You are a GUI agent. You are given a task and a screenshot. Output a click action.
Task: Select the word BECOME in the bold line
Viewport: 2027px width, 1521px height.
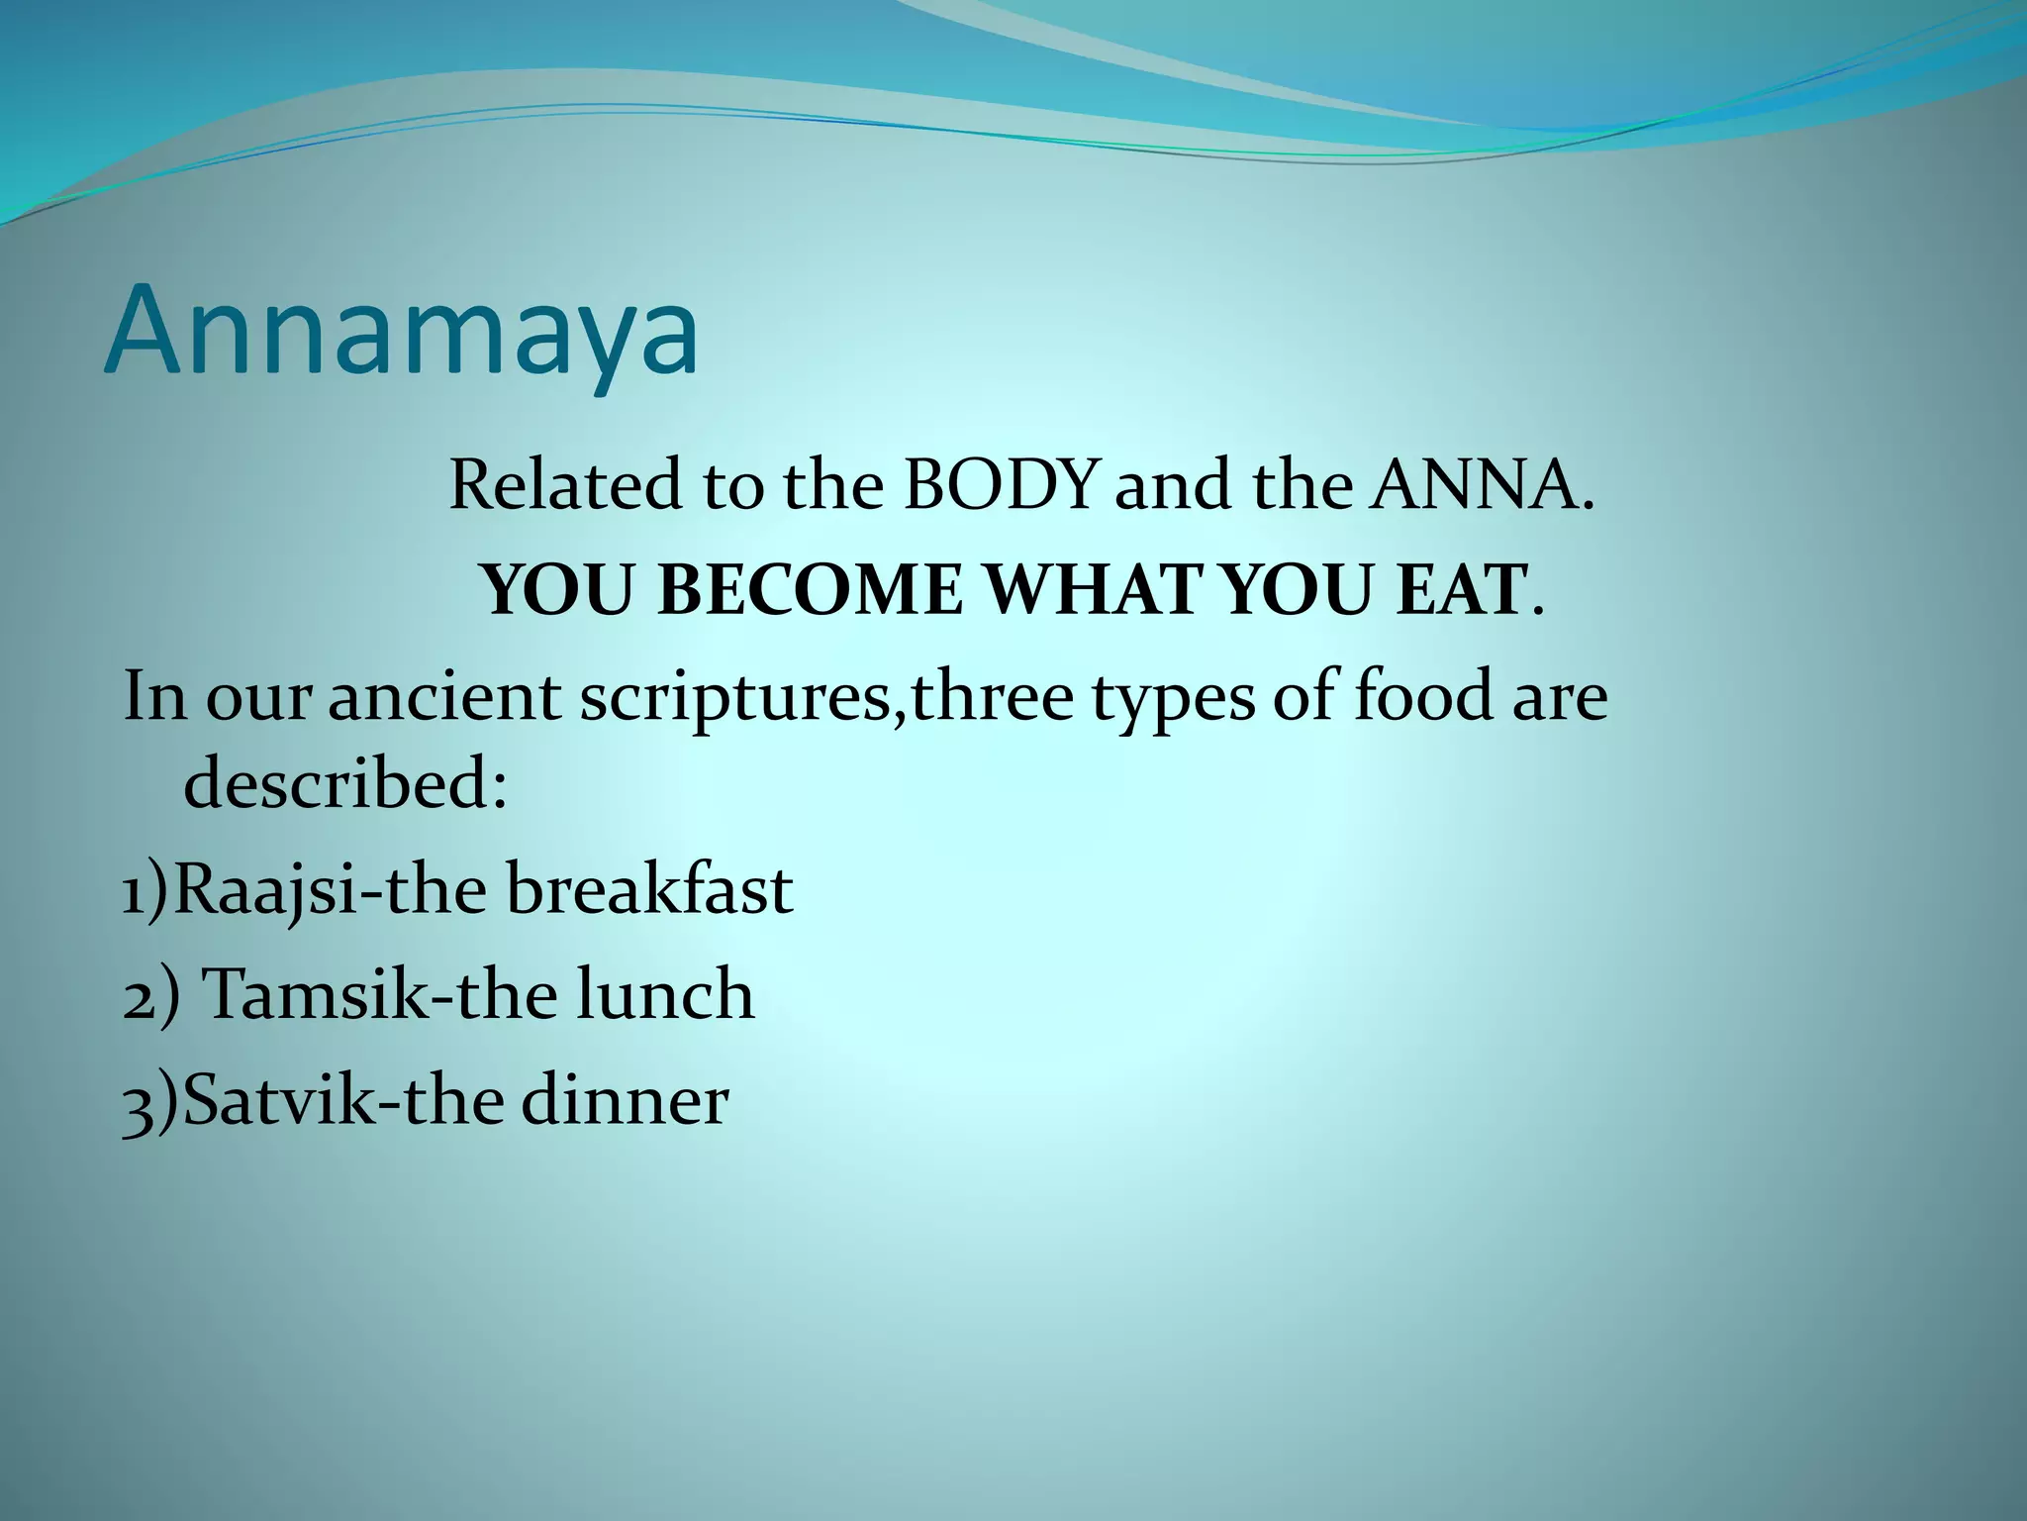click(809, 591)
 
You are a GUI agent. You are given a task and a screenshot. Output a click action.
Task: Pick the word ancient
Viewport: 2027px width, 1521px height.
click(443, 697)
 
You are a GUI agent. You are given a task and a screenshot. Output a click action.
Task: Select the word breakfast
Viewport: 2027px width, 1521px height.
click(649, 889)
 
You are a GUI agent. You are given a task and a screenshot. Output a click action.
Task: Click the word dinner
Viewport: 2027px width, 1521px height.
click(625, 1101)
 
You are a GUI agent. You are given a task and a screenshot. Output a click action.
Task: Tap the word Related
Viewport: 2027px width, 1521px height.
click(565, 486)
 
